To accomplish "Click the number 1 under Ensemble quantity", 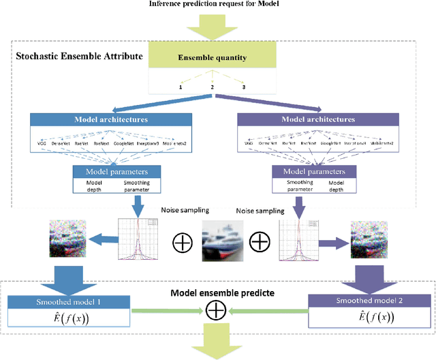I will click(181, 87).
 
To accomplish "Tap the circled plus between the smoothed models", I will click(217, 311).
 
